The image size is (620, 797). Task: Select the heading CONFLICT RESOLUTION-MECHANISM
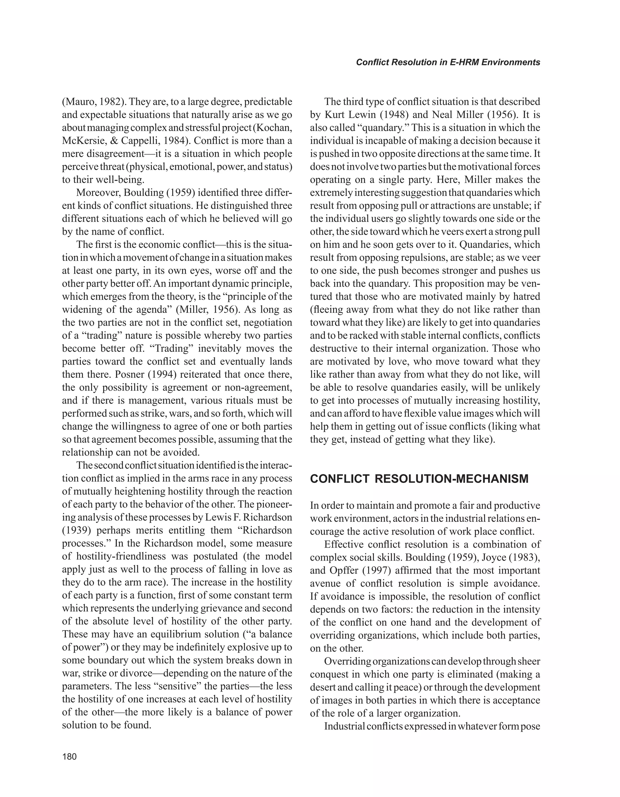coord(419,479)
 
